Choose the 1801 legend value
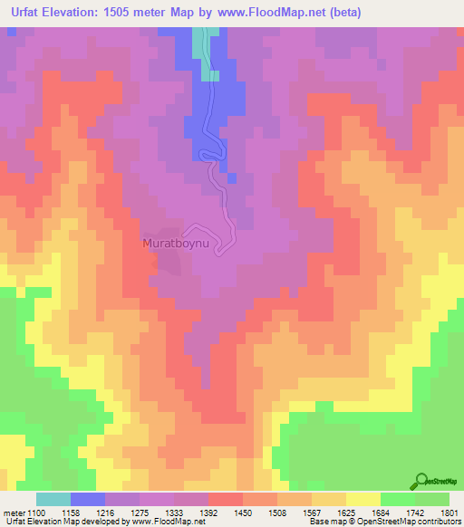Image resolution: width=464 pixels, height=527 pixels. (440, 513)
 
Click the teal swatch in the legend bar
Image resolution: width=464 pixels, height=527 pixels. (53, 499)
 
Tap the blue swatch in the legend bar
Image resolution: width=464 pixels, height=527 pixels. (88, 499)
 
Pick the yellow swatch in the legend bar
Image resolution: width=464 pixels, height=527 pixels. (362, 499)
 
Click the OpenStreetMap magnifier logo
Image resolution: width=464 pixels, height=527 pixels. (421, 481)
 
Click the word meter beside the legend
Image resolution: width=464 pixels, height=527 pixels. (12, 513)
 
